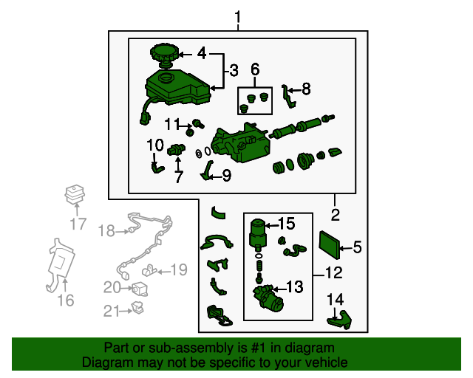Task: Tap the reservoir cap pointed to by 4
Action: (x=164, y=54)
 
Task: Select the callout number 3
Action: (x=234, y=71)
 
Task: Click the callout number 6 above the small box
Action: (x=255, y=70)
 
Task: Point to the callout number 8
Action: (x=306, y=89)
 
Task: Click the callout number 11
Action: (x=172, y=123)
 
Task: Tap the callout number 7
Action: (x=178, y=177)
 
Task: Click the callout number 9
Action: (x=226, y=175)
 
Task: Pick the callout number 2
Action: (x=335, y=216)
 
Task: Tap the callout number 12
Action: (x=333, y=273)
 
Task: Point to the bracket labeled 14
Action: (x=339, y=318)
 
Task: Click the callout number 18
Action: (x=107, y=231)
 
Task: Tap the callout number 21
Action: (x=111, y=312)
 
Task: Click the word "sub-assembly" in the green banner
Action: (x=188, y=348)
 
